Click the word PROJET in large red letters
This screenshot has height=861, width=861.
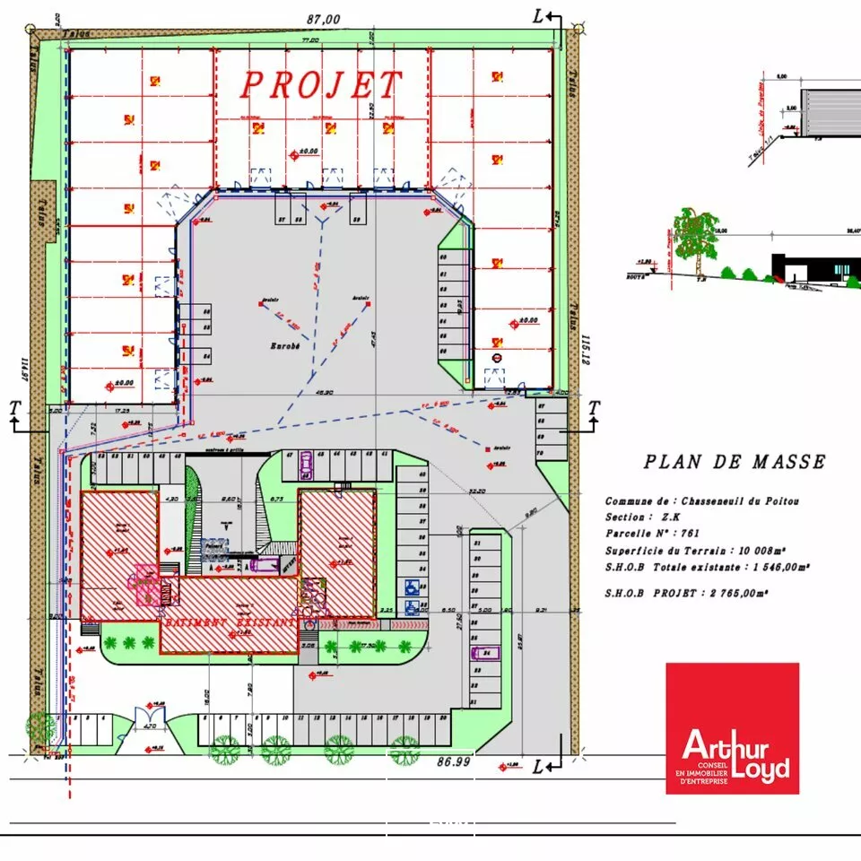coord(319,85)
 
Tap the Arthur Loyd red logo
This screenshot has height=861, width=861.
coord(732,728)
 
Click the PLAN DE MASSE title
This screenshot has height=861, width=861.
coord(735,462)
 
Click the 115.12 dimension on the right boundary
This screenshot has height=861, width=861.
coord(585,351)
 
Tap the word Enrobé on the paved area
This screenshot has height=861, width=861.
coord(286,344)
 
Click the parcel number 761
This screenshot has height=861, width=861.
coord(687,534)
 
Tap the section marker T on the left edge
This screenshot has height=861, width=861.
coord(14,408)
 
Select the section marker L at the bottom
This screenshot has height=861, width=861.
coord(537,767)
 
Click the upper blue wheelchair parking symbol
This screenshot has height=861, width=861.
coord(409,587)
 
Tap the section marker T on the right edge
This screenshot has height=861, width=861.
coord(593,409)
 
